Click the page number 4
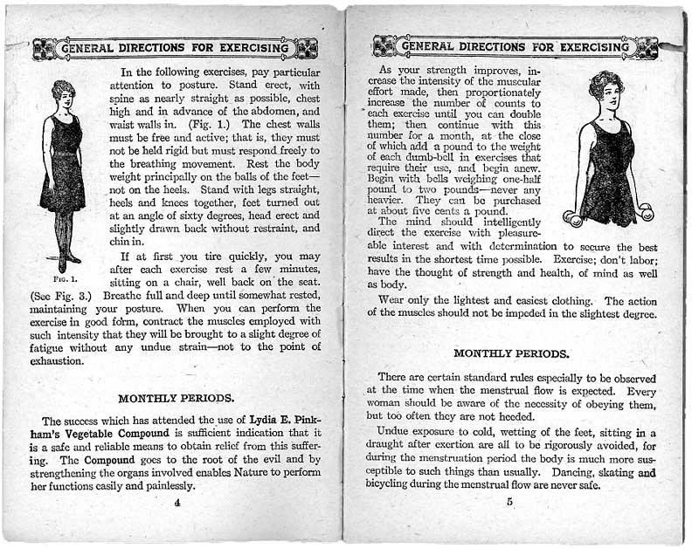tap(176, 502)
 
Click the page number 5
tap(509, 502)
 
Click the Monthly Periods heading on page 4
tap(176, 398)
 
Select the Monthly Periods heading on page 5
tap(512, 353)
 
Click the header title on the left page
tap(175, 48)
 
